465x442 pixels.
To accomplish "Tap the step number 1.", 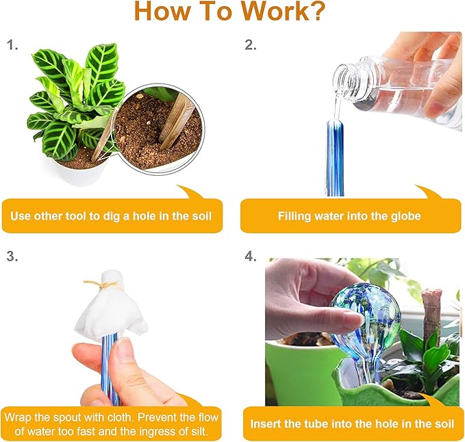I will [12, 46].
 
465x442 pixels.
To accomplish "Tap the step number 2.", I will [251, 46].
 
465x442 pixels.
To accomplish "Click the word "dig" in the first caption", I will [124, 216].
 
